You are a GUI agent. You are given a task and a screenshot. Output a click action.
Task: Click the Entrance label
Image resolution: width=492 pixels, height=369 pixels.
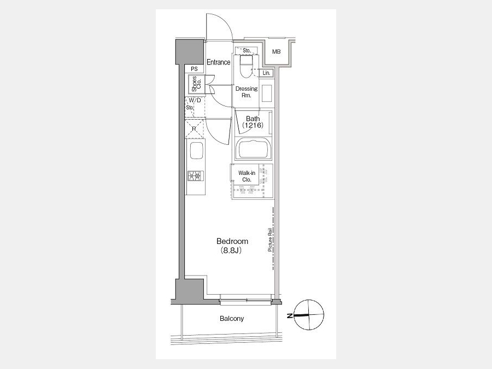coord(218,62)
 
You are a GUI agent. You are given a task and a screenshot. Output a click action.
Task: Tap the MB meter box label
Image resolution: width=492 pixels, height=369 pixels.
coord(276,52)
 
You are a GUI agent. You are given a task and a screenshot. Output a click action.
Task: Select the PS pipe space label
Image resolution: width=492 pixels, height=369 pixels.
coord(194,69)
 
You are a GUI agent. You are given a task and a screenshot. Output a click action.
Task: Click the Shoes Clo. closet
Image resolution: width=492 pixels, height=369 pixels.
coord(196,84)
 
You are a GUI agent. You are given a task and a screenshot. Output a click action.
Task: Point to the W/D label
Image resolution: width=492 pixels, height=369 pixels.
coord(195,101)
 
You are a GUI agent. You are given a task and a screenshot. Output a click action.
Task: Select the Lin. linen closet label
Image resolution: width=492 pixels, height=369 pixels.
coord(266,73)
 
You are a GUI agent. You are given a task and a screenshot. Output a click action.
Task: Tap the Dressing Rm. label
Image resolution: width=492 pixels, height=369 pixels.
coord(247,92)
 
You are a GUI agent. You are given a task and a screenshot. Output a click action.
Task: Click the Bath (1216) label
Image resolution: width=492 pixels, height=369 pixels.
coord(253,122)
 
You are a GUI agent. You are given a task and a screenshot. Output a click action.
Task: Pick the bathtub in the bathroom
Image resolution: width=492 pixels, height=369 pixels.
coord(254,149)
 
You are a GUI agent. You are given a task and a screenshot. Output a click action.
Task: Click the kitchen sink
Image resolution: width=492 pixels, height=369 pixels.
coord(196,151)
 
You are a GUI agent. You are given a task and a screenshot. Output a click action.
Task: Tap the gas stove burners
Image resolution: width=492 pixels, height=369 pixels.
coord(196,175)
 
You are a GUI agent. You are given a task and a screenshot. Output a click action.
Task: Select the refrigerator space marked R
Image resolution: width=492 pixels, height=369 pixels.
coord(195,128)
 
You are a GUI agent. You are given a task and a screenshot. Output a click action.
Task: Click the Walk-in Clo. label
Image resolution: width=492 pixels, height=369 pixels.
coord(247,177)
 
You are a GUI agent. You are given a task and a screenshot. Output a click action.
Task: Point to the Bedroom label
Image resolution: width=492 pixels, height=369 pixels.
coord(232,241)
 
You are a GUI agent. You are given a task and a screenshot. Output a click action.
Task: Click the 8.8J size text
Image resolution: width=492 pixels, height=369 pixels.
coord(232,250)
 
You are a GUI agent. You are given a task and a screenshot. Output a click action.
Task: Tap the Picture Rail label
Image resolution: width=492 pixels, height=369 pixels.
coord(270,240)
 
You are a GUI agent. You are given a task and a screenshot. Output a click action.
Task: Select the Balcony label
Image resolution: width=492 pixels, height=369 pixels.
coord(232,319)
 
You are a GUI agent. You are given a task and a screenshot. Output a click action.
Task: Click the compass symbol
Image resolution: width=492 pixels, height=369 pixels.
coord(309,315)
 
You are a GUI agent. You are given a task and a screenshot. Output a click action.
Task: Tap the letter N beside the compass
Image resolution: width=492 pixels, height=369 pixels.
coord(290,315)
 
